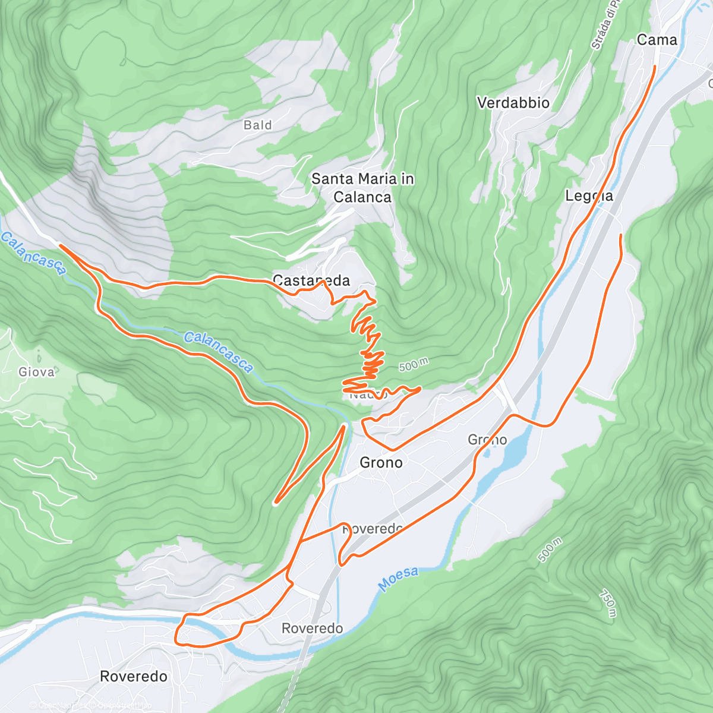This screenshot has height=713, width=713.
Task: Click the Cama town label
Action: [657, 40]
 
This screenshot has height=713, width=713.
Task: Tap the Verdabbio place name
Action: [513, 103]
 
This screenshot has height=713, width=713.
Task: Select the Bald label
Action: [258, 125]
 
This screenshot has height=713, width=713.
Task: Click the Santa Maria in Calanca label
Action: [362, 188]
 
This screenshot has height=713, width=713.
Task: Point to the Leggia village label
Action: [589, 195]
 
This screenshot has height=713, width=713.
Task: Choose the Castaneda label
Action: [311, 280]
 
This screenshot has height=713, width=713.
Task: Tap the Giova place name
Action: [37, 372]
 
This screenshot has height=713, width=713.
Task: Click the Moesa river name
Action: [399, 579]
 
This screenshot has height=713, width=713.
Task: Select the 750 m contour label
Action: [607, 602]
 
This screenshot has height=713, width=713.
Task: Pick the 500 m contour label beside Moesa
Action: [549, 550]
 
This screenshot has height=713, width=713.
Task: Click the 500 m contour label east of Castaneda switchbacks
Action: [413, 365]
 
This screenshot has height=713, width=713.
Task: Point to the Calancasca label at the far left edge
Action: [33, 253]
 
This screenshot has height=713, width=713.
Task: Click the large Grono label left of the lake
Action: [381, 462]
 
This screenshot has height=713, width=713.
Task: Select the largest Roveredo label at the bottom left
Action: [134, 676]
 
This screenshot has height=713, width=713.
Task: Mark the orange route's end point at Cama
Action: [655, 67]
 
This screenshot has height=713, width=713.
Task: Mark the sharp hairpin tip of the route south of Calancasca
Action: [276, 503]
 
